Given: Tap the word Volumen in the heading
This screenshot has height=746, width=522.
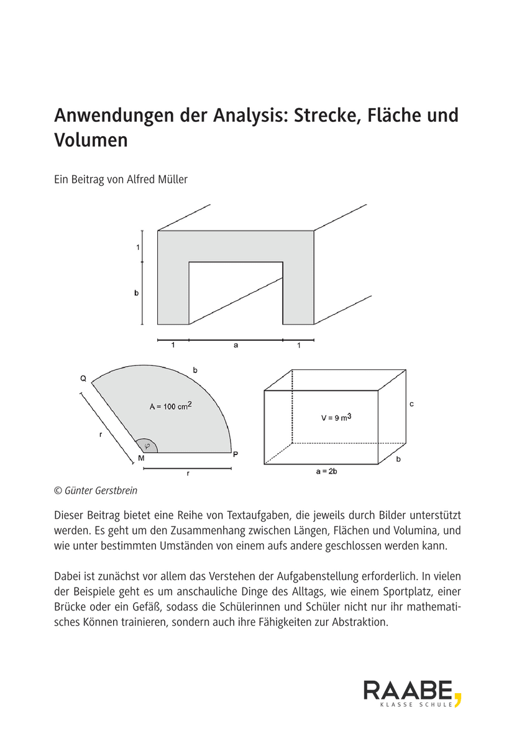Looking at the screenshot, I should click(91, 140).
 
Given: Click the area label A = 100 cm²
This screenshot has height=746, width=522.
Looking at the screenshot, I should click(170, 407).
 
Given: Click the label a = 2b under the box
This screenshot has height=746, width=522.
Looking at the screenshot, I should click(326, 472).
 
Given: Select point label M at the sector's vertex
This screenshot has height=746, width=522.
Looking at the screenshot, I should click(142, 458).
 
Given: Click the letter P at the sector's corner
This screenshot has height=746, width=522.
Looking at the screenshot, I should click(236, 454).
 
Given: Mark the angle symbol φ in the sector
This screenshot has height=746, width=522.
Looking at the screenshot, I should click(147, 446).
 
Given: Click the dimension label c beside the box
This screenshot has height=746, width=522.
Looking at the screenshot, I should click(411, 404).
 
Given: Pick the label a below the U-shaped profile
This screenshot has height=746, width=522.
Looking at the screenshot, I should click(236, 346).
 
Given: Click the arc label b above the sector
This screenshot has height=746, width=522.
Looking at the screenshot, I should click(195, 371).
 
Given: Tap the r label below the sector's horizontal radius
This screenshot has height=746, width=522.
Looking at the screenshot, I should click(188, 474).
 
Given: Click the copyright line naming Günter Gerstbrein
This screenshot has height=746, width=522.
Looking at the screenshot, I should click(96, 490).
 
